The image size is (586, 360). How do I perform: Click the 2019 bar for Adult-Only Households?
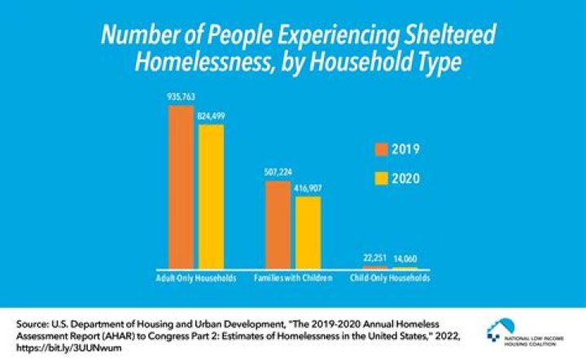(x=181, y=187)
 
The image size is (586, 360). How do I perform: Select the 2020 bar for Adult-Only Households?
(x=210, y=196)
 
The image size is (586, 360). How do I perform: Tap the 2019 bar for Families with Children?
(x=278, y=225)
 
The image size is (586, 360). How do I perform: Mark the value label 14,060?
(x=405, y=260)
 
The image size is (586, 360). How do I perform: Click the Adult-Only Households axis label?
(x=196, y=278)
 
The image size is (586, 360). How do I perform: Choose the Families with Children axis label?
(x=293, y=278)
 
